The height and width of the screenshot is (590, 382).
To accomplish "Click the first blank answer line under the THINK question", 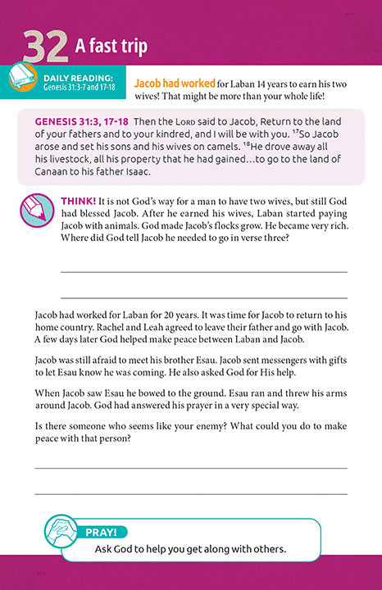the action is (203, 270).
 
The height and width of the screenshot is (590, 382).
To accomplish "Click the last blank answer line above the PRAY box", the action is (190, 494).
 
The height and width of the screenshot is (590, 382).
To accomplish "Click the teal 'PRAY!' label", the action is (106, 534).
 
